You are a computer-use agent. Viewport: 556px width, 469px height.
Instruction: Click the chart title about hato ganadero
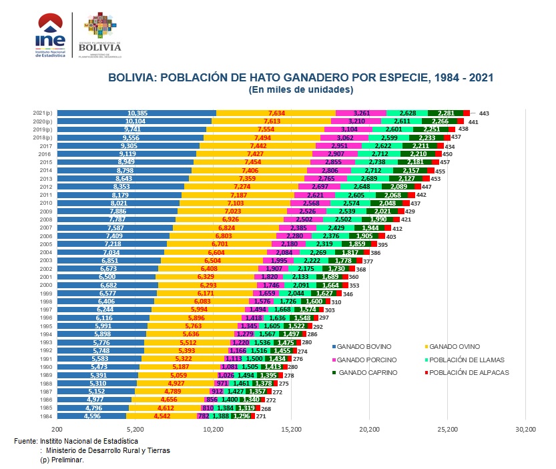(x=300, y=77)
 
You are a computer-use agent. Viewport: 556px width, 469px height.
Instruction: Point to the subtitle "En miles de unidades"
(x=300, y=89)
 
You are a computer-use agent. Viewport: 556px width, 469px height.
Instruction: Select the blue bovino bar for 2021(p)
(x=136, y=113)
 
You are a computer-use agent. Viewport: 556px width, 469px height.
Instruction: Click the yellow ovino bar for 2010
(x=235, y=203)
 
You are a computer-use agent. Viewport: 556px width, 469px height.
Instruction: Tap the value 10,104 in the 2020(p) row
(x=136, y=121)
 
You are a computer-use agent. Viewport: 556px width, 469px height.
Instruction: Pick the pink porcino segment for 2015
(x=332, y=162)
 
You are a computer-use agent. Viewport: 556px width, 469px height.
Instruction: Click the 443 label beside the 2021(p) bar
(x=483, y=114)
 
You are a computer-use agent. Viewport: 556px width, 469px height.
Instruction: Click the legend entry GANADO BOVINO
(x=364, y=347)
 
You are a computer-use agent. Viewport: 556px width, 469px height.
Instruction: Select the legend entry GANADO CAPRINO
(x=364, y=372)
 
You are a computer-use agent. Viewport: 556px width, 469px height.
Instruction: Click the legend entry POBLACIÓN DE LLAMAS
(x=468, y=360)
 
